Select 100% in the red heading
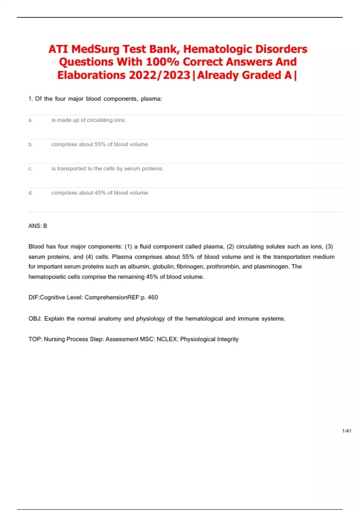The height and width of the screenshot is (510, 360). coord(162,62)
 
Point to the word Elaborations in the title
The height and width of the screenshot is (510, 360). coord(91,75)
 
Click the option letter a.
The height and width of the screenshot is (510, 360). coord(30,120)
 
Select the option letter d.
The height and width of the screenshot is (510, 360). coord(30,193)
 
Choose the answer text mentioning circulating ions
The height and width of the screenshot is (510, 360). coord(88,120)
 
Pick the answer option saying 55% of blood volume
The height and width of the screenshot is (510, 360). coord(100,144)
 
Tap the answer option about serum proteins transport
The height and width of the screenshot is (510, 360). coord(107,169)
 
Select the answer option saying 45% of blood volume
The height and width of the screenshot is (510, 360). coord(100,193)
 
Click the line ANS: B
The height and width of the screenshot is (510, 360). coord(38,226)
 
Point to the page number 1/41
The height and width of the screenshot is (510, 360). coord(346,431)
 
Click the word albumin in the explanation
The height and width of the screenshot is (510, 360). coord(139,266)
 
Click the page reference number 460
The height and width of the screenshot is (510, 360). coord(153,297)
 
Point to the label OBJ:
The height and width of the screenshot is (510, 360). coord(35,319)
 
